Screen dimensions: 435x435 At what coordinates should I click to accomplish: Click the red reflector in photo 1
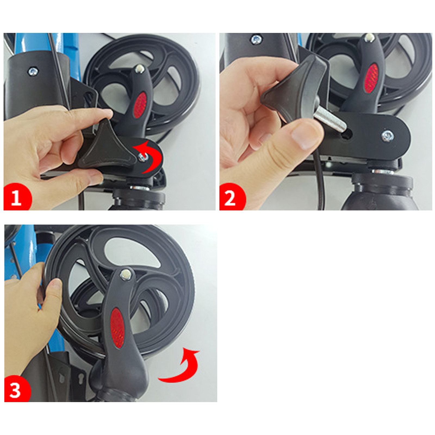point(140,105)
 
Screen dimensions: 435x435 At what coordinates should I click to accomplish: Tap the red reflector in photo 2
point(371,78)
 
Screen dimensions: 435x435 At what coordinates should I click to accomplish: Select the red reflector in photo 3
point(117,328)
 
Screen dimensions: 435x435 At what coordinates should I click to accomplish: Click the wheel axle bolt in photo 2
point(369,37)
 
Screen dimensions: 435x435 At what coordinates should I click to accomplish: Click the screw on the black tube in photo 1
point(33,72)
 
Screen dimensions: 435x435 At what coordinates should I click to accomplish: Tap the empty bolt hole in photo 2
point(347,134)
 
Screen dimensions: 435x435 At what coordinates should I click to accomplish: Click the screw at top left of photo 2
point(256,40)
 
